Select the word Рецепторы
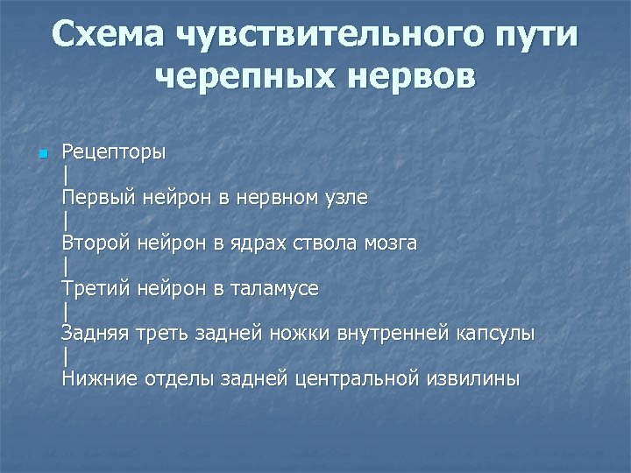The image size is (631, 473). [x=113, y=152]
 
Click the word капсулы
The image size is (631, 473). [x=495, y=334]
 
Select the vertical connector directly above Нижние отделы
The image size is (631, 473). [x=65, y=357]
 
